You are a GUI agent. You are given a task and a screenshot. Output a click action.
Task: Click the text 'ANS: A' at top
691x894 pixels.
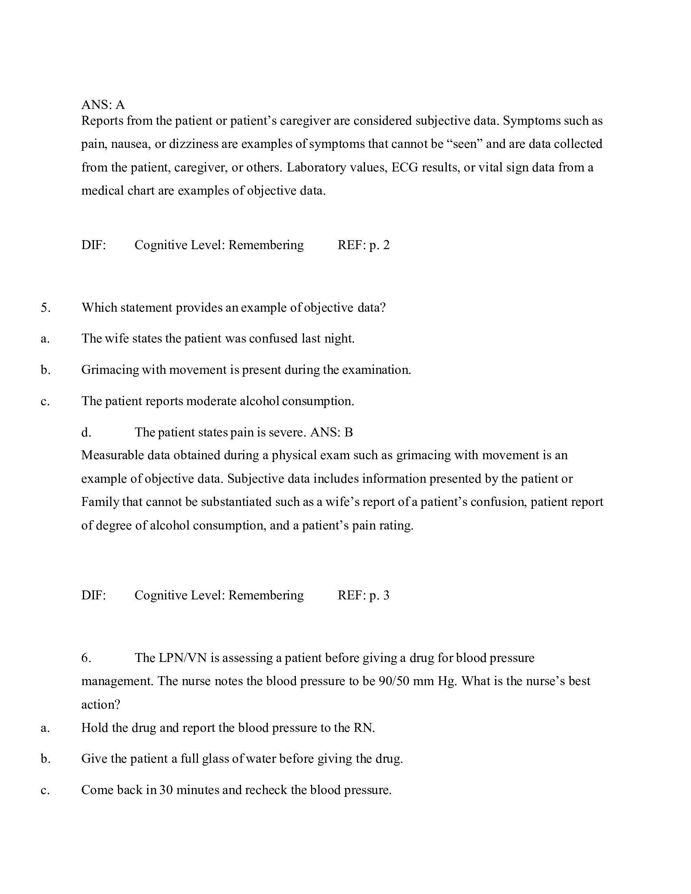(103, 105)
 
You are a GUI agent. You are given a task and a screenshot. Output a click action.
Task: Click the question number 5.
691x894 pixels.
(46, 308)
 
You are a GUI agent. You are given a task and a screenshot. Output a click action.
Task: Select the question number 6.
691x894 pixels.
(86, 658)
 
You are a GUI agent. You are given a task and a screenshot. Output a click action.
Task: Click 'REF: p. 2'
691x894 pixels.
(363, 245)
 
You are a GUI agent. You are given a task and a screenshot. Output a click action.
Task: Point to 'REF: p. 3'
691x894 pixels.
(363, 595)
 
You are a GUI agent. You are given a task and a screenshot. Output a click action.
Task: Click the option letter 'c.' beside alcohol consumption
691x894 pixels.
(45, 401)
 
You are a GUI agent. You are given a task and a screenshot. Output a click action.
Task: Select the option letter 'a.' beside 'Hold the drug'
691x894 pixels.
(45, 728)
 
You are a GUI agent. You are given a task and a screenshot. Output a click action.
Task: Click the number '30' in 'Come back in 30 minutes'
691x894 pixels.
(166, 790)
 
